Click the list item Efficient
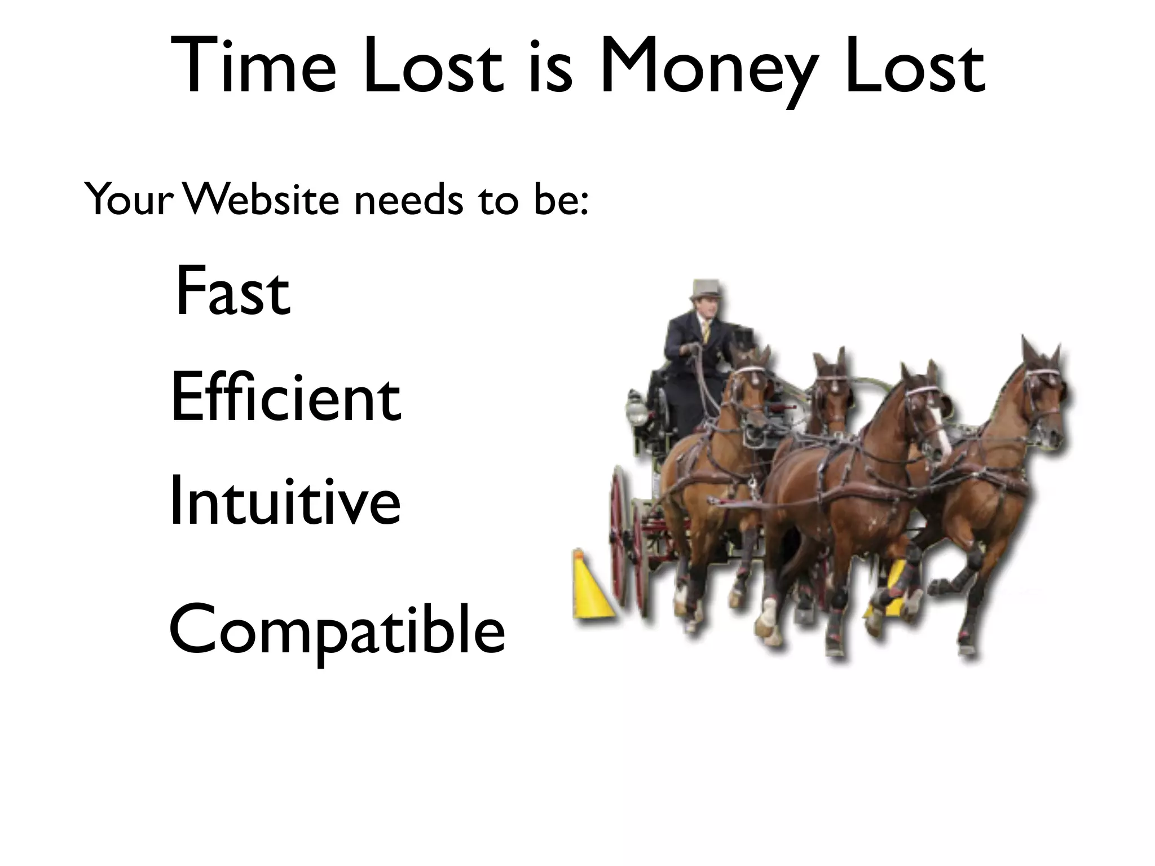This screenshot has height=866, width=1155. tap(285, 397)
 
